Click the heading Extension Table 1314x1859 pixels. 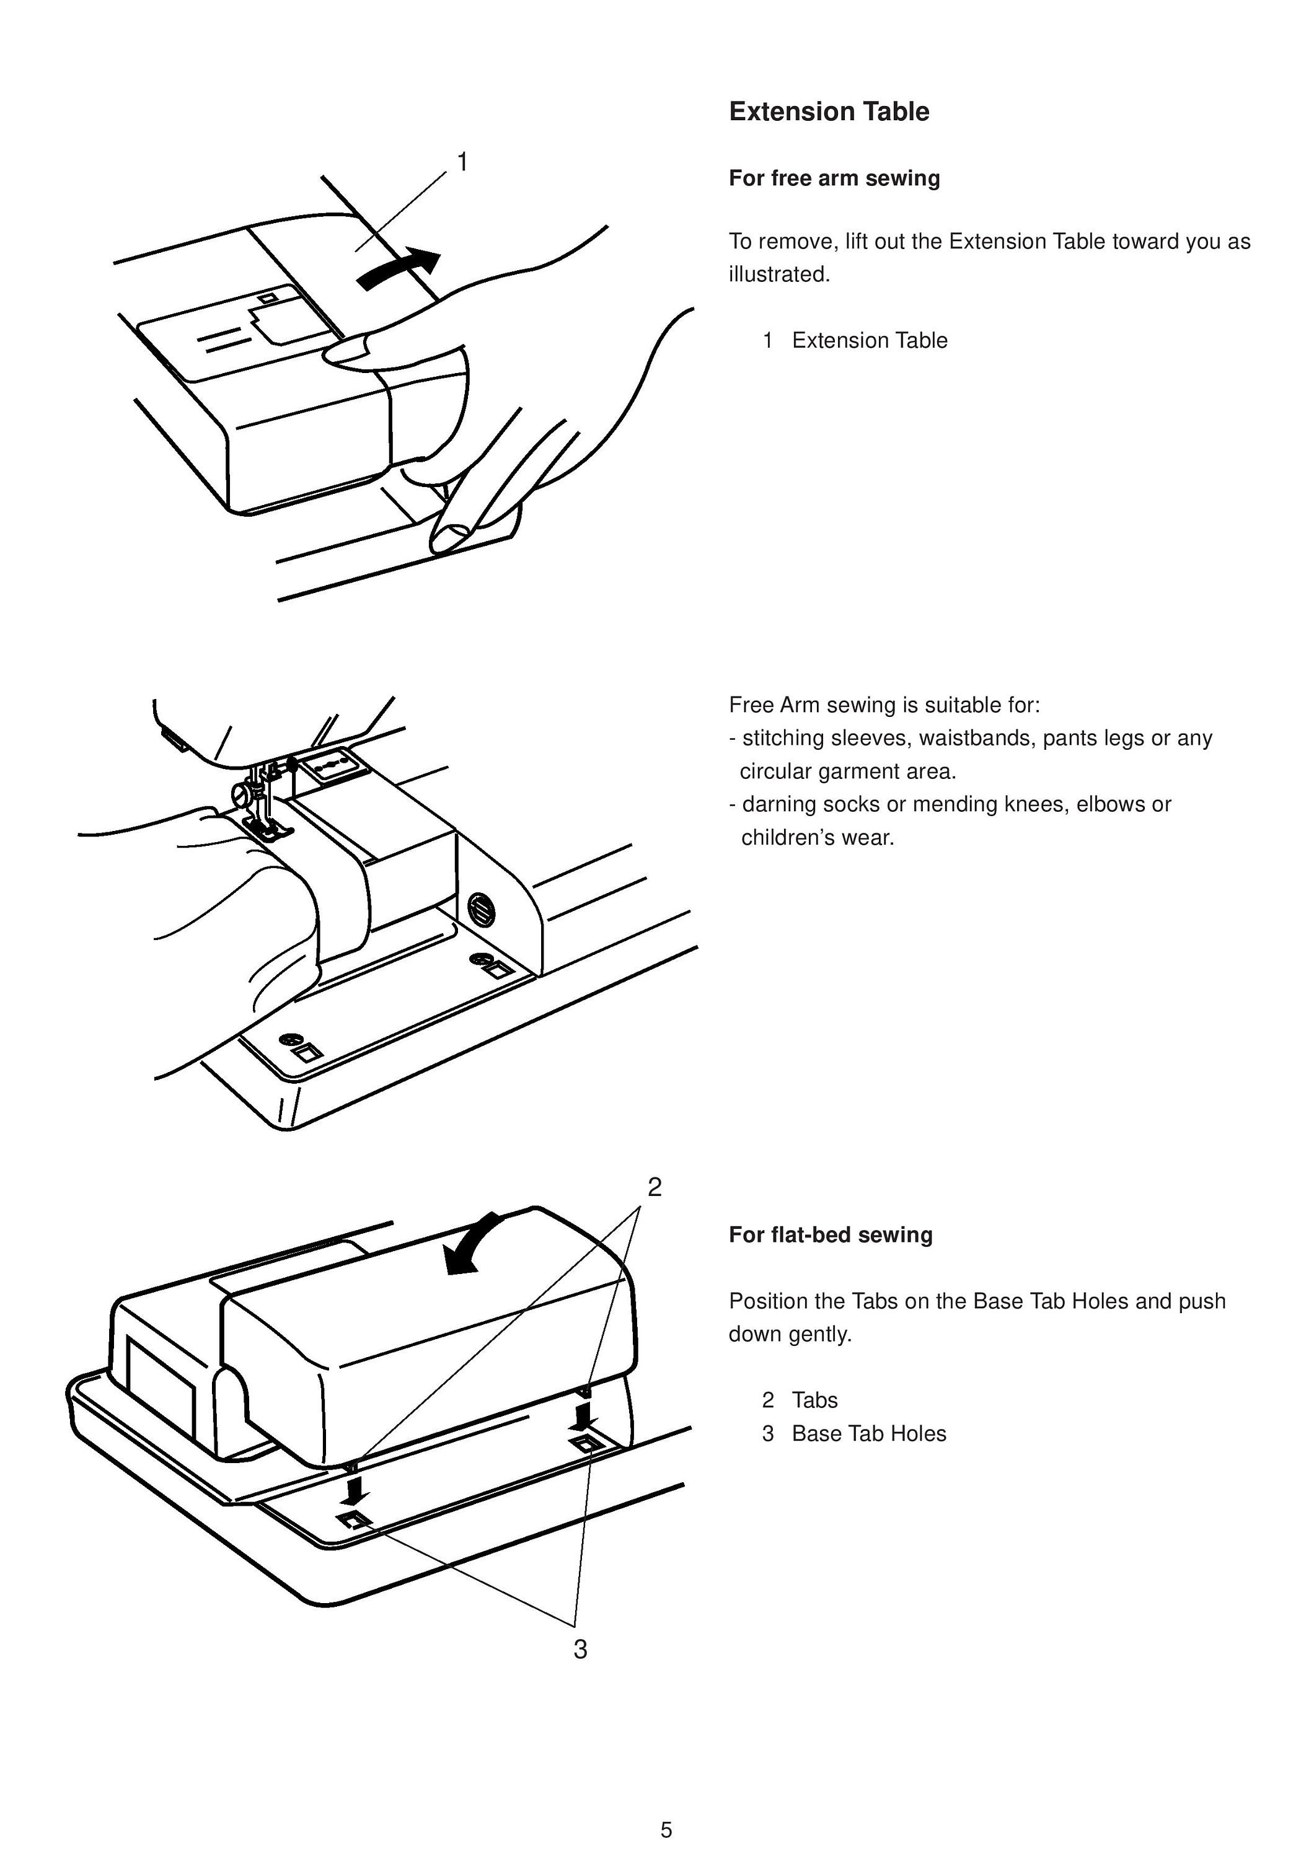pyautogui.click(x=829, y=112)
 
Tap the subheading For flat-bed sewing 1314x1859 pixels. pyautogui.click(x=831, y=1235)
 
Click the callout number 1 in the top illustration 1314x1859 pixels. pyautogui.click(x=462, y=163)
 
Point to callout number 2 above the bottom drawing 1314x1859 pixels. pyautogui.click(x=655, y=1187)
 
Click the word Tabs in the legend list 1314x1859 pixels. pyautogui.click(x=814, y=1400)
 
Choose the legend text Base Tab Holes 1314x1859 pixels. pyautogui.click(x=869, y=1433)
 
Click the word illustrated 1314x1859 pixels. pyautogui.click(x=779, y=275)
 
